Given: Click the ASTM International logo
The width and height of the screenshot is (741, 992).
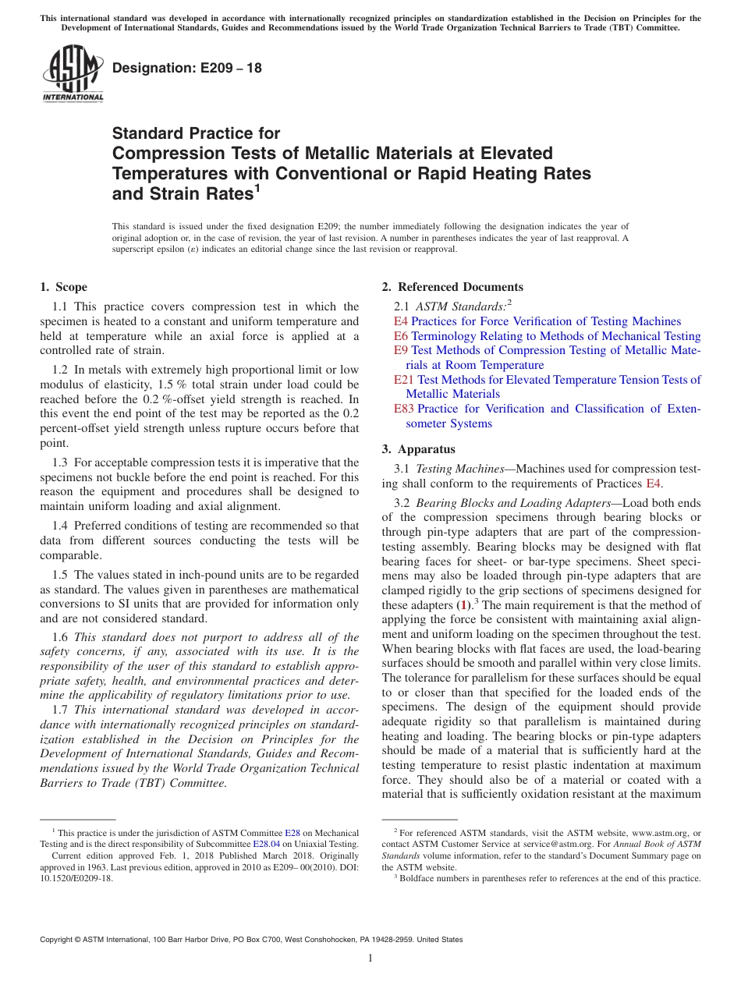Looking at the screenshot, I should click(73, 73).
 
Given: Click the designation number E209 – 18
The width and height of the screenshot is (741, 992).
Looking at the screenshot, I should click(187, 68).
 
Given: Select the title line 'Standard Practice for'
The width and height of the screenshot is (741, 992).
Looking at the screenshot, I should click(196, 133).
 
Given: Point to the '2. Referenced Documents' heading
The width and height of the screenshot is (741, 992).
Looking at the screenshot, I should click(452, 287).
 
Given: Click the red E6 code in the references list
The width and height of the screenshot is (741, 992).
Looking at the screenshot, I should click(401, 336).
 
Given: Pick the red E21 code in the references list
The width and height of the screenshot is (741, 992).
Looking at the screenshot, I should click(404, 380).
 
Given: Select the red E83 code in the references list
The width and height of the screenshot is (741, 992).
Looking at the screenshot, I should click(404, 409).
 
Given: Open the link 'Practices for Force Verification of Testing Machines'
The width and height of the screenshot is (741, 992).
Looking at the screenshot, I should click(546, 321).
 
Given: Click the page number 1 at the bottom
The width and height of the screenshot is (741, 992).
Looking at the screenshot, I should click(370, 958).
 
